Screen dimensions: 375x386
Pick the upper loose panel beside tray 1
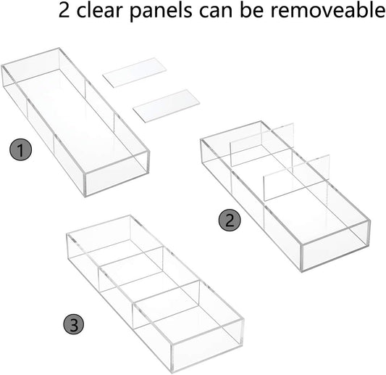135,73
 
